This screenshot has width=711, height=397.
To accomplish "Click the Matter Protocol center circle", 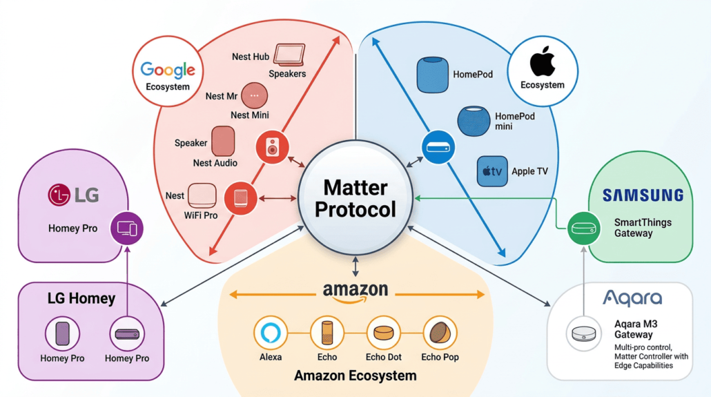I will (x=355, y=198).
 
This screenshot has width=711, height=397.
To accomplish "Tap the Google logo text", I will (x=168, y=70).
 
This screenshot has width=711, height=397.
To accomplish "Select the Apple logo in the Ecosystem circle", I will (x=543, y=63).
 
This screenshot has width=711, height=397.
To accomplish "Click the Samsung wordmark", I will (x=643, y=195).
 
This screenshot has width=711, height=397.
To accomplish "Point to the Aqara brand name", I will (x=632, y=298).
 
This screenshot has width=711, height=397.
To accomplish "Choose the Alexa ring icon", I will (x=271, y=333).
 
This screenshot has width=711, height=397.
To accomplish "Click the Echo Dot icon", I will (x=383, y=333).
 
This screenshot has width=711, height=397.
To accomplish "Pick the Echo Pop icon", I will (x=440, y=333).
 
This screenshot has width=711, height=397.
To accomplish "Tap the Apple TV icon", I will (x=492, y=171).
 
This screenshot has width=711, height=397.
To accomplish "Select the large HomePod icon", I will (x=432, y=75).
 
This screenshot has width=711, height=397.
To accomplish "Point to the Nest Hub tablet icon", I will (x=289, y=55).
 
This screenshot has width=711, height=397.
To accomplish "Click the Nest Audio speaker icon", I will (x=223, y=142).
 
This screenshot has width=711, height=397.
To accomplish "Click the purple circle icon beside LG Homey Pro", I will (x=127, y=227).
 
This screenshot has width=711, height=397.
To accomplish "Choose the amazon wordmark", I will (x=355, y=291).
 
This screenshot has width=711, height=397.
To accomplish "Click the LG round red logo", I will (x=59, y=195).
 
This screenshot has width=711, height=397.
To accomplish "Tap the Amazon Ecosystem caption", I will (x=355, y=376).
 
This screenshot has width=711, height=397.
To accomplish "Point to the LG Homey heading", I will (x=81, y=299).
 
